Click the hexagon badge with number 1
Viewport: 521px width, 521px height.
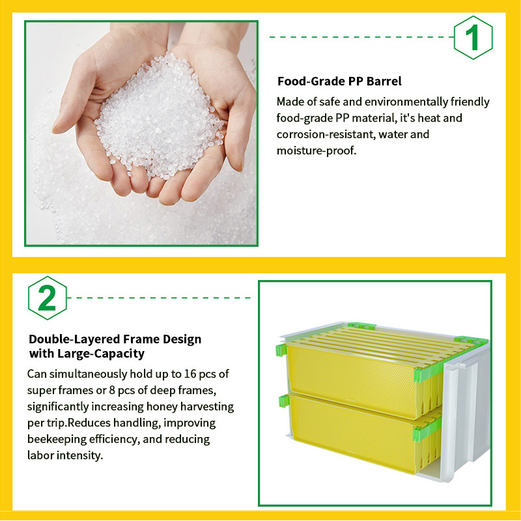[x=473, y=38]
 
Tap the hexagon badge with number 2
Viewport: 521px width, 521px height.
[x=48, y=298]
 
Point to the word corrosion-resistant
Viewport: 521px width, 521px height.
[x=326, y=134]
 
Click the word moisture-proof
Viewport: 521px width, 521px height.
[x=317, y=151]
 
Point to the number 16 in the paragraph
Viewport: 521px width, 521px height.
[x=190, y=374]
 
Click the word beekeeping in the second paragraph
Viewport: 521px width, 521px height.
[x=57, y=439]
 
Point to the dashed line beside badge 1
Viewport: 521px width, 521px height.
[x=361, y=37]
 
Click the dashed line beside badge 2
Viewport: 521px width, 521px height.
[x=159, y=298]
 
